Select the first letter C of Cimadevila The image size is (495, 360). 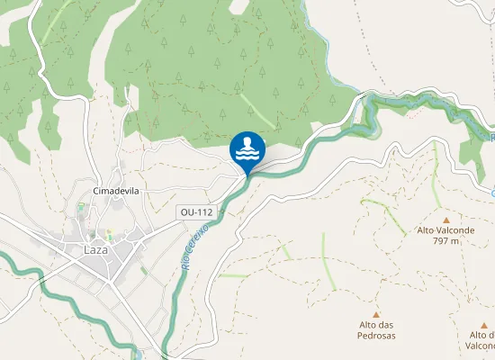(x=96, y=192)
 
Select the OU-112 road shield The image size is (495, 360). (x=196, y=212)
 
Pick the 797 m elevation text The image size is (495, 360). (x=446, y=241)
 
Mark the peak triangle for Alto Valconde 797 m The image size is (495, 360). (x=446, y=219)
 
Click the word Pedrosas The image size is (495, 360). (x=377, y=336)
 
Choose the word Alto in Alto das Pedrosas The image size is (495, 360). (x=368, y=325)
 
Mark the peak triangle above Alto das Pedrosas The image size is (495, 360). (x=377, y=313)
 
